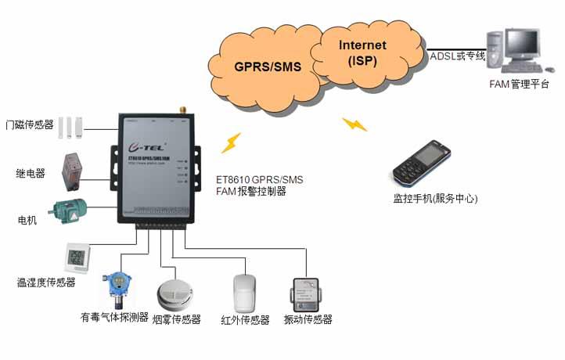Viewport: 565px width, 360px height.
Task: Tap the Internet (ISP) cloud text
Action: point(362,53)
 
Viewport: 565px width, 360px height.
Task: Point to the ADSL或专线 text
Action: point(458,56)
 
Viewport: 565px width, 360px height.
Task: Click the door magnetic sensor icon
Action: point(70,125)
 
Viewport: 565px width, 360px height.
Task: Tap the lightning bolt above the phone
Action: point(354,123)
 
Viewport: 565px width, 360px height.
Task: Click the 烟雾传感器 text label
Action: point(176,319)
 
